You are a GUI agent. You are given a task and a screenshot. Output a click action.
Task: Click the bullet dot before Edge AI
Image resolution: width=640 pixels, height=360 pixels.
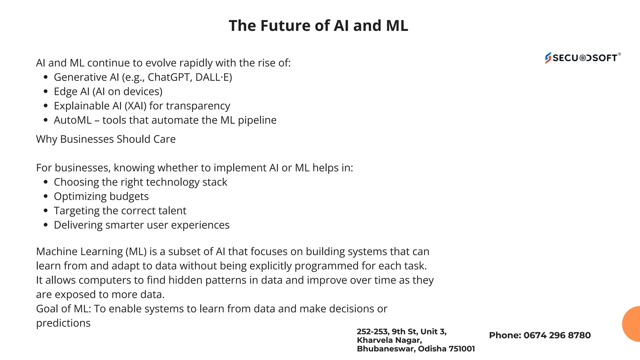click(46, 92)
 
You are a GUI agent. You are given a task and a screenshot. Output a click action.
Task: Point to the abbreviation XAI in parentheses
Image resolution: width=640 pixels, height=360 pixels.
click(136, 106)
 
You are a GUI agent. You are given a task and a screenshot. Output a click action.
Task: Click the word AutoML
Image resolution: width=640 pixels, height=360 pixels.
click(72, 120)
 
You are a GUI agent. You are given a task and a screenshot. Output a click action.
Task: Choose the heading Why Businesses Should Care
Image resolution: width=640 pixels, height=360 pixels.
click(106, 139)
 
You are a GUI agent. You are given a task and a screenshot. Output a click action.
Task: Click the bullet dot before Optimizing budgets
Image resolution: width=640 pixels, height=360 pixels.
click(46, 197)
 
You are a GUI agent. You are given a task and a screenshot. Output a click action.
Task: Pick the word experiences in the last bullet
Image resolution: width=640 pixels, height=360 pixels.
click(200, 225)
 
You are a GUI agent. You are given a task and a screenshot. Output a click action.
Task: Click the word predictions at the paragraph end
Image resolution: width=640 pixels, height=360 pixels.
click(63, 323)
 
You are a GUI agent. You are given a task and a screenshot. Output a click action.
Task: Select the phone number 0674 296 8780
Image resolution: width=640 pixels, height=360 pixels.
click(557, 335)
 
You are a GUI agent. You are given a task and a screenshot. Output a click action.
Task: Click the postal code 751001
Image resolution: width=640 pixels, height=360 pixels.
click(462, 349)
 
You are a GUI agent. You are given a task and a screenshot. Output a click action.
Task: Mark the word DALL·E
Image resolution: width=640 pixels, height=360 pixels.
click(213, 77)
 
